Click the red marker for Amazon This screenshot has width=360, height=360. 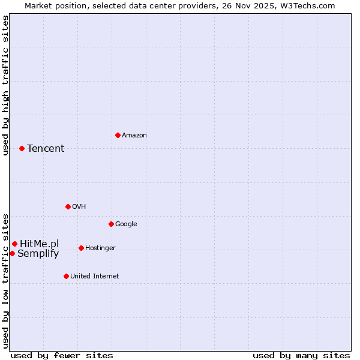pos(118,135)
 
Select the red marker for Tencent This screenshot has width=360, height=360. pos(22,148)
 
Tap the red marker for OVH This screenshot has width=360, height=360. pos(68,206)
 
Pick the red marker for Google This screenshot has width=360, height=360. pos(111,224)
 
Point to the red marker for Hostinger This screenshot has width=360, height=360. pos(81,248)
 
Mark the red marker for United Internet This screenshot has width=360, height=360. pos(66,276)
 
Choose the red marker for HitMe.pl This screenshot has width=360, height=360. pos(14,244)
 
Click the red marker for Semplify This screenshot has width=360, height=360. pos(12,253)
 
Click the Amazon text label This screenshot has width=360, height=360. pos(134,136)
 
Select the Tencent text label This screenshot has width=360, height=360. pos(46,149)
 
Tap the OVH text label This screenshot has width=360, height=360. pos(79,207)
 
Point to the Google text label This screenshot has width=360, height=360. pos(126,224)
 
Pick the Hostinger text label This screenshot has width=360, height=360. pos(100,248)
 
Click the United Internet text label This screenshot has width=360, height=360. pos(94,277)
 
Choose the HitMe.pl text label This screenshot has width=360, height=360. pos(39,244)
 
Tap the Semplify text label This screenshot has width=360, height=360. pos(38,254)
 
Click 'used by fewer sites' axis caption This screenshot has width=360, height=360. pos(62,355)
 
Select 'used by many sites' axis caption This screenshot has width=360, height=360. pos(301,355)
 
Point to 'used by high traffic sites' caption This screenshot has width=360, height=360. pos(5,85)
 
